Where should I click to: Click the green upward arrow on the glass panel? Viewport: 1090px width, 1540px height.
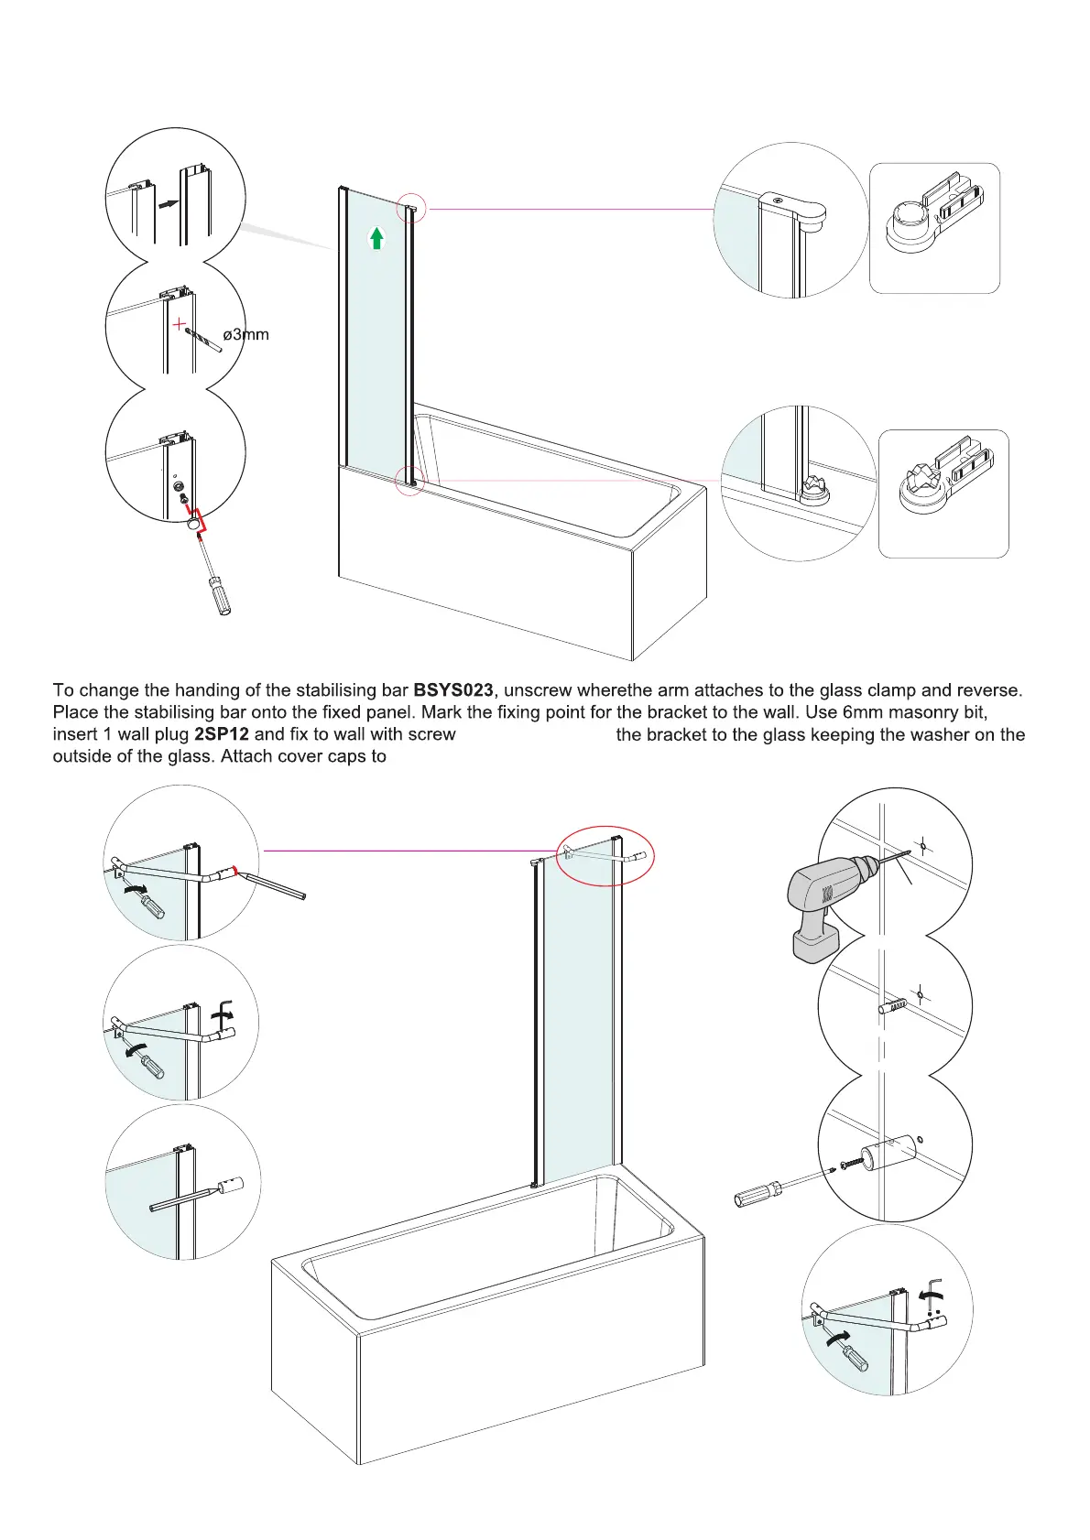[376, 238]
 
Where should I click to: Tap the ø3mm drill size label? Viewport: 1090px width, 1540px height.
[246, 335]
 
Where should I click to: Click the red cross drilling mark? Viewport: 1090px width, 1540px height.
[180, 324]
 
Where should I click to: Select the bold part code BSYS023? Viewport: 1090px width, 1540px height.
[453, 690]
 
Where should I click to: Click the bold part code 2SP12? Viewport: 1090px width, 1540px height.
[222, 734]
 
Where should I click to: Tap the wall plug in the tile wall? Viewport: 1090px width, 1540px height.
[893, 1006]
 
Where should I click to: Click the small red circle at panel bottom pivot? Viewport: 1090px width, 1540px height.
[409, 480]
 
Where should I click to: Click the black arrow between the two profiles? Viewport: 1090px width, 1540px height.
[167, 204]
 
